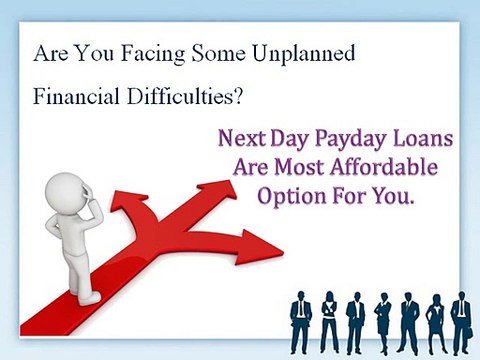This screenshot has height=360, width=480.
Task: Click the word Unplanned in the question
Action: point(304,53)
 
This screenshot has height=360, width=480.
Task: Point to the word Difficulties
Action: point(188,99)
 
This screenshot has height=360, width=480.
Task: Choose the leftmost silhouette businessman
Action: point(302,322)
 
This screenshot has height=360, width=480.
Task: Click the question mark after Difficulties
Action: point(243,99)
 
